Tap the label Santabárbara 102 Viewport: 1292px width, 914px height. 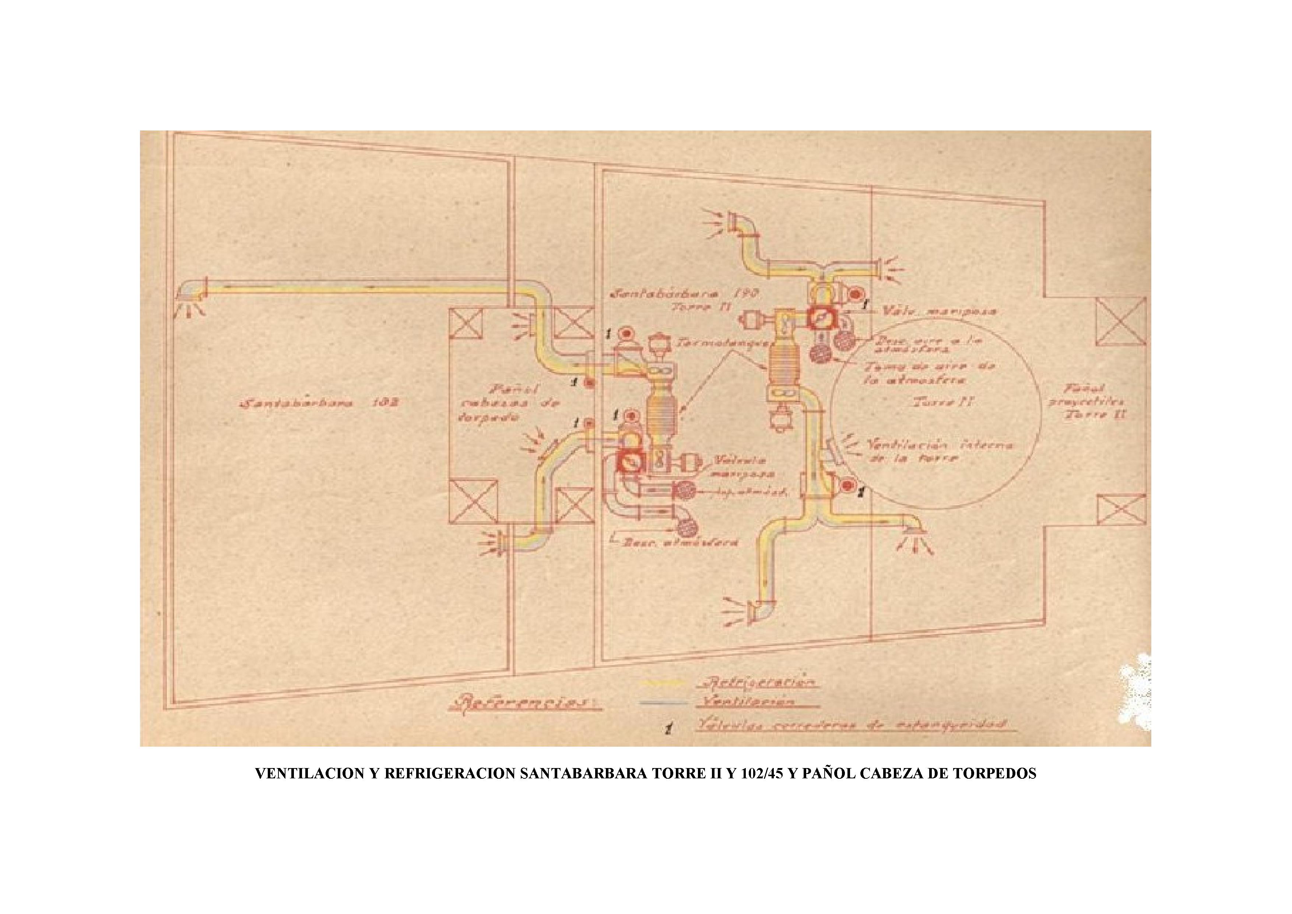320,404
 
